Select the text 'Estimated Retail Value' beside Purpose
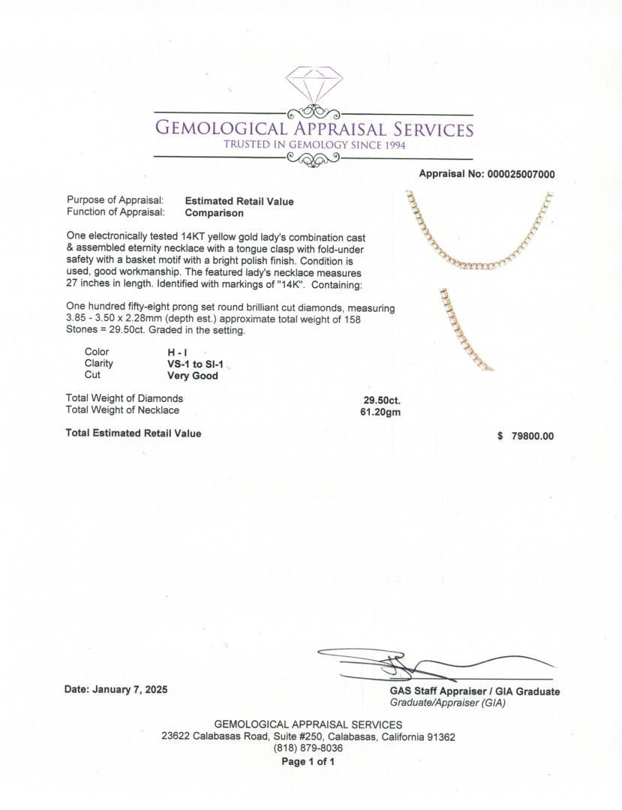(x=239, y=201)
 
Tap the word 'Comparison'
(x=214, y=213)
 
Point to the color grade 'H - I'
(x=178, y=352)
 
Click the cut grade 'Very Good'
(x=193, y=376)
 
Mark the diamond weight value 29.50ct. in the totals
(x=382, y=400)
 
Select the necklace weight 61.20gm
(x=380, y=411)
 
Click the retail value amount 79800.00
(x=532, y=436)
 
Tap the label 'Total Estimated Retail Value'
(x=134, y=433)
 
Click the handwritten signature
(x=420, y=664)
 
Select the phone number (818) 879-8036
(x=308, y=748)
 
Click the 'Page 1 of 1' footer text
(x=308, y=761)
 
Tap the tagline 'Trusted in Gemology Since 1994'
(x=314, y=145)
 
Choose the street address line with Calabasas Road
(x=308, y=736)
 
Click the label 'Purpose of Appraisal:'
(x=115, y=201)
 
